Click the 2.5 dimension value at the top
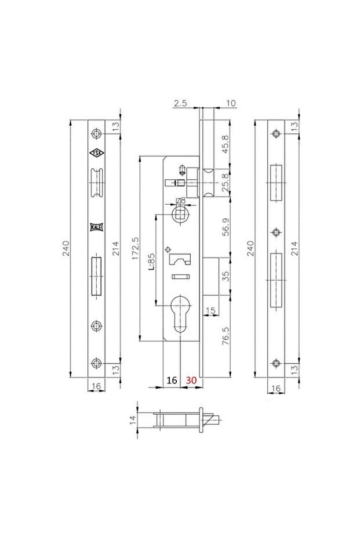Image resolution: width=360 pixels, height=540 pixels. [x=179, y=103]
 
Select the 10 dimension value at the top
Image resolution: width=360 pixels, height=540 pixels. [x=231, y=103]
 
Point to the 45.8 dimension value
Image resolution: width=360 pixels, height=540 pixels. [x=226, y=142]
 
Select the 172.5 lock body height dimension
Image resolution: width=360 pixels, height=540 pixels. [x=134, y=249]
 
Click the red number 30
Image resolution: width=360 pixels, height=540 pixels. [x=191, y=380]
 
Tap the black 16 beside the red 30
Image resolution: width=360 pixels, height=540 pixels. [x=172, y=380]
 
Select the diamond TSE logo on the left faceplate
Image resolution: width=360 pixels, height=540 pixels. [x=96, y=153]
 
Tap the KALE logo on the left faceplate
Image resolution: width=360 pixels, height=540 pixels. [x=96, y=227]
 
